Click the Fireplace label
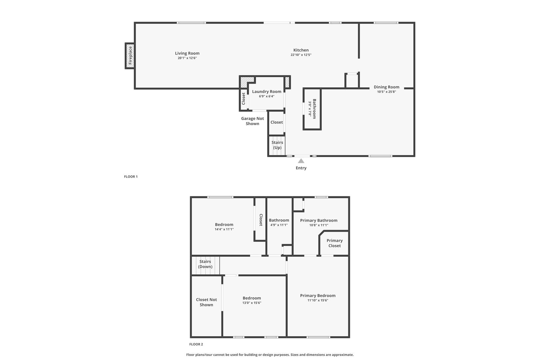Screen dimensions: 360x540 pos(130,55)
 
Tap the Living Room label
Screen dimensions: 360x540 pos(187,53)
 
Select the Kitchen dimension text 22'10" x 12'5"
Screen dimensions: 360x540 pos(301,55)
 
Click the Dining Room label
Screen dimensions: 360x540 pos(386,87)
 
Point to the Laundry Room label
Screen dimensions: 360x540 pos(267,92)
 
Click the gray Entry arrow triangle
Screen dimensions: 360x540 pos(301,161)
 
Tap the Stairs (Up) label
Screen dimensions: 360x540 pos(277,145)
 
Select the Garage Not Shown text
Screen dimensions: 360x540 pos(252,121)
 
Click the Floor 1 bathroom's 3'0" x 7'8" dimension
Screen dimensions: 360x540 pos(310,109)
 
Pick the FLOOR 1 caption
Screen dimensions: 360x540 pos(131,177)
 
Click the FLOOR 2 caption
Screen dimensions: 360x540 pos(196,344)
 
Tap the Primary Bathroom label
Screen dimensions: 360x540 pos(319,220)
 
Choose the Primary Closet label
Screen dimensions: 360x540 pos(334,243)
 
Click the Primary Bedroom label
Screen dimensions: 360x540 pos(318,296)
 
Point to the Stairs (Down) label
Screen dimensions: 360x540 pos(205,264)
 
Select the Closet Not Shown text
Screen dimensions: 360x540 pos(206,302)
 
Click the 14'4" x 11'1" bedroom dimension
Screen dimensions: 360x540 pos(224,229)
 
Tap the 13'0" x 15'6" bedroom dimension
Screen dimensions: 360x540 pos(252,303)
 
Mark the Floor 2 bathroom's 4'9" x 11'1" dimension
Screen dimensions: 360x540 pos(279,225)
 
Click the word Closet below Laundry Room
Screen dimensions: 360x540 pos(277,122)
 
